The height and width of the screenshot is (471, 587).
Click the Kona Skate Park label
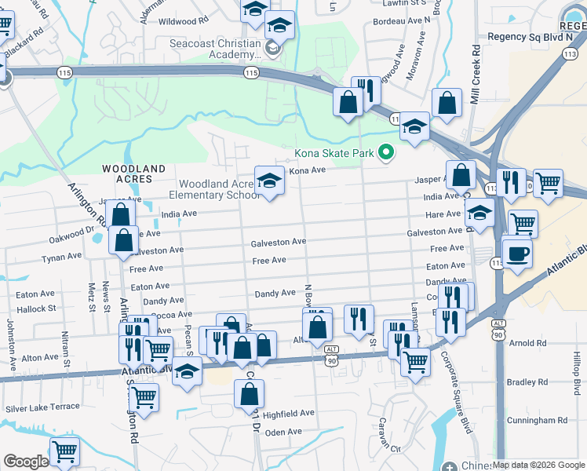[334, 153]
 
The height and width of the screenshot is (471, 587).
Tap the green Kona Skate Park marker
[385, 153]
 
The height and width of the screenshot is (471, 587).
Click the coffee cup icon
[517, 254]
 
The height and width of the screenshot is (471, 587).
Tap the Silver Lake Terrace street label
[42, 407]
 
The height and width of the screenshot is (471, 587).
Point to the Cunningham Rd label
[538, 421]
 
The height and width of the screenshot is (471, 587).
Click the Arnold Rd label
[527, 343]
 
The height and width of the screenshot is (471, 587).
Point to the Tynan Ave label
[61, 257]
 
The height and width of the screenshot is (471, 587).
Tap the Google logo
[26, 462]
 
